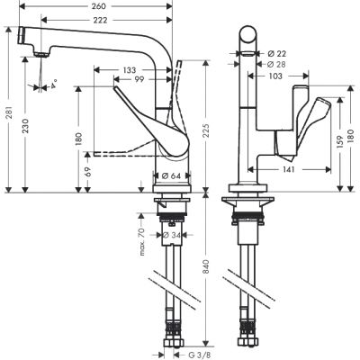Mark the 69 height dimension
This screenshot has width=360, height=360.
pos(88,172)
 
